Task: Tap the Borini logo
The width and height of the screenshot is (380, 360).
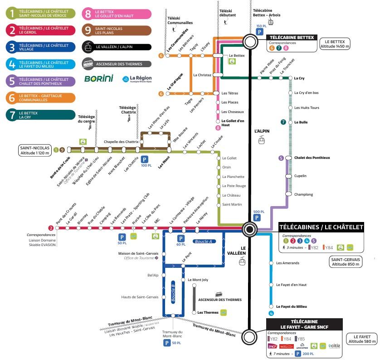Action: click(x=98, y=79)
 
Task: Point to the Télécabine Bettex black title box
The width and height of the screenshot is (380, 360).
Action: click(x=291, y=38)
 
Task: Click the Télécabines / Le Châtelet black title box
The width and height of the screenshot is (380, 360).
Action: click(x=321, y=227)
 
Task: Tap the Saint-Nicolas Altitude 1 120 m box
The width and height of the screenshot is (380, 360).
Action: click(x=34, y=150)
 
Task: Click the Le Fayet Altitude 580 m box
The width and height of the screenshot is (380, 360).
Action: click(x=361, y=339)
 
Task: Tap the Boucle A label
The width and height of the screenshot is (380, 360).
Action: click(x=203, y=242)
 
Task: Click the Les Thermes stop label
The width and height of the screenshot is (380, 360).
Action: click(x=208, y=312)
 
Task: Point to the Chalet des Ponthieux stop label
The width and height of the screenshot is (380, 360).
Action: click(x=312, y=158)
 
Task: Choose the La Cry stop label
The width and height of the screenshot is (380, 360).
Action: click(x=299, y=78)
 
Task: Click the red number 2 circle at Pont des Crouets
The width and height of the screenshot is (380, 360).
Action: click(x=51, y=228)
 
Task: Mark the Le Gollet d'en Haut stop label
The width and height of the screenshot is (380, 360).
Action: click(x=233, y=123)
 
